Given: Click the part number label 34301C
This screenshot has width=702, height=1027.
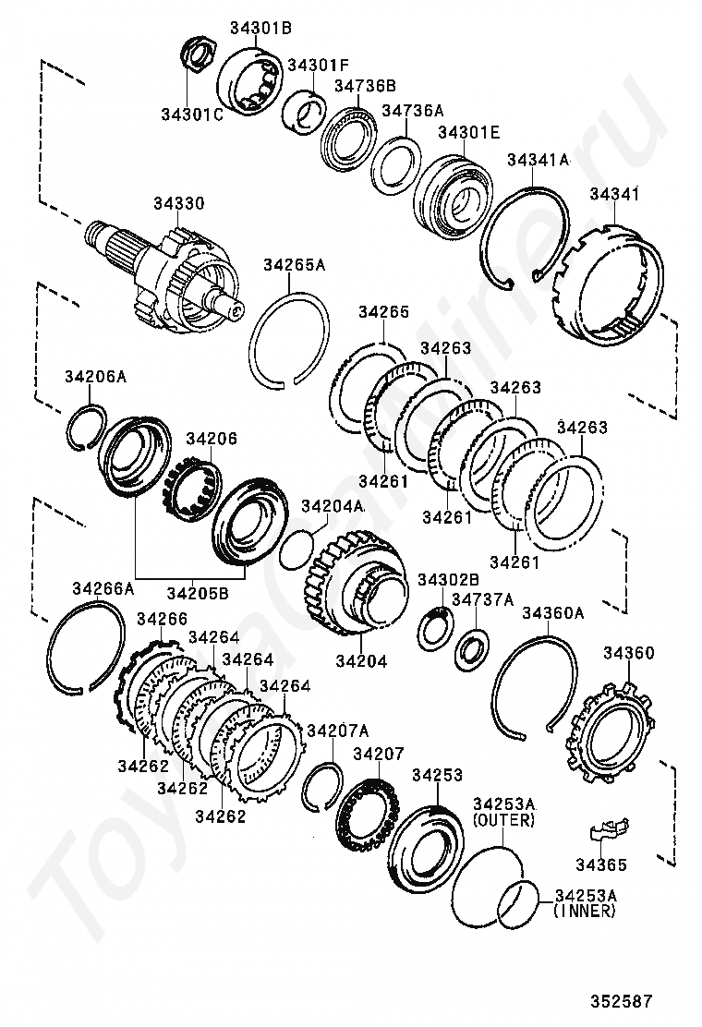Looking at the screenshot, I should click(191, 115).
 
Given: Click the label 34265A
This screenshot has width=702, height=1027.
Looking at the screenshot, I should click(295, 265).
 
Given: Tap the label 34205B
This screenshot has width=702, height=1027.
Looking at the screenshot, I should click(197, 591).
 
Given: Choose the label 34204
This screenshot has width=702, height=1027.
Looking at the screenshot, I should click(361, 660).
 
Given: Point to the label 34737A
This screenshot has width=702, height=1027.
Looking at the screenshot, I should click(482, 600).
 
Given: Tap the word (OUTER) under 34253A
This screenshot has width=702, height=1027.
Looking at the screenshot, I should click(503, 820).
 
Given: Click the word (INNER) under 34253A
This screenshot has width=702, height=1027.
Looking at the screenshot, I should click(585, 911).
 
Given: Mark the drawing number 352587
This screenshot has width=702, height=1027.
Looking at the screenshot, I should click(623, 1000).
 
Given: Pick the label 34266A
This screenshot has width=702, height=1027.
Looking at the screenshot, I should click(103, 588).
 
